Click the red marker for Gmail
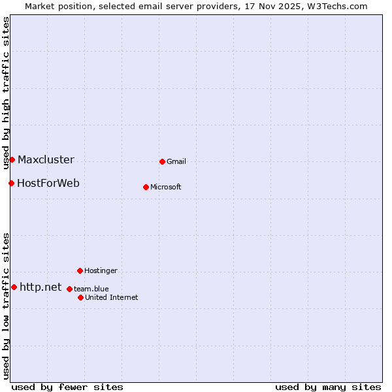click(162, 161)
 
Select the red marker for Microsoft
click(146, 187)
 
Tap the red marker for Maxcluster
click(12, 159)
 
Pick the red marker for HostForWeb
click(11, 183)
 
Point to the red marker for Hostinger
click(80, 270)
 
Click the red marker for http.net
click(14, 287)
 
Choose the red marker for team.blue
click(69, 289)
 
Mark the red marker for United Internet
click(80, 297)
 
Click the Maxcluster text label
click(46, 159)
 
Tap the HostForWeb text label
click(48, 183)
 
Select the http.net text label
click(41, 287)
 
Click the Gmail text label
click(176, 161)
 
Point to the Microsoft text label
click(166, 187)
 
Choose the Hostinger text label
click(101, 270)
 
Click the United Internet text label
click(111, 297)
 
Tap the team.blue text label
click(91, 289)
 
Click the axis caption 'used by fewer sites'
click(67, 387)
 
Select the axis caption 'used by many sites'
click(328, 387)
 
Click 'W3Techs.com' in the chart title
click(337, 6)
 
